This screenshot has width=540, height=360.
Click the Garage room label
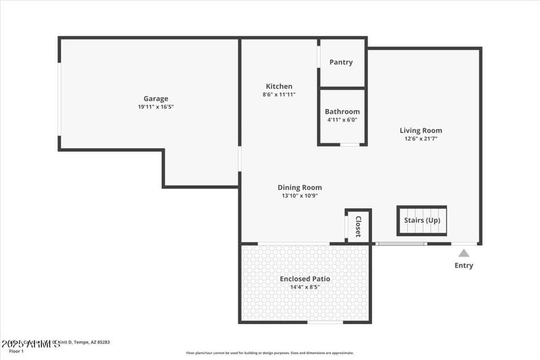point(155,99)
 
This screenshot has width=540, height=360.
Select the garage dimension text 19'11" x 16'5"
point(155,107)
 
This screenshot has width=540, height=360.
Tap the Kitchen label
point(279,86)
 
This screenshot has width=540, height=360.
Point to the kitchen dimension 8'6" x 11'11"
point(279,95)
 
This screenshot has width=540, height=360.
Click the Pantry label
point(341,62)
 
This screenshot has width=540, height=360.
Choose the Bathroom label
point(342,111)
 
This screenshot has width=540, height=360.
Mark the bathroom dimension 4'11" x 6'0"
point(342,120)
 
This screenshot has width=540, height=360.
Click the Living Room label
point(421,130)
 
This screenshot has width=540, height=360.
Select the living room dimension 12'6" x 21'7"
point(421,138)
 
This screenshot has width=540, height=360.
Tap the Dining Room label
point(300,188)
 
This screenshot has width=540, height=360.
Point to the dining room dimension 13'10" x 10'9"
point(300,196)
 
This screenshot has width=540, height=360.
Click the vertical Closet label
point(358,226)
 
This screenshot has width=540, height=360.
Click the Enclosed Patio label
point(305,279)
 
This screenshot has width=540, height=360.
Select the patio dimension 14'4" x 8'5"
point(305,287)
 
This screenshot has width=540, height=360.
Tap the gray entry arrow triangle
point(464,253)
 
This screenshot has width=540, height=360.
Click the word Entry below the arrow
point(464,265)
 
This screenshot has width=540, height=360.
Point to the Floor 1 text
point(16,351)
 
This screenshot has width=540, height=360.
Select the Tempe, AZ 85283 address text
point(92,342)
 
